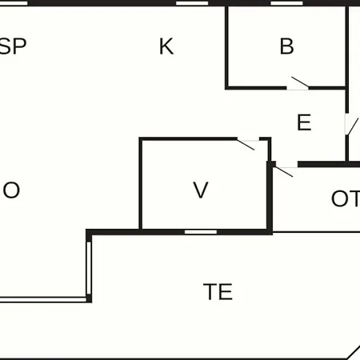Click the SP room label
coord(13,46)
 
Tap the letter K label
coord(166,46)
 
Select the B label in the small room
coord(286,46)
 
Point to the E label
coord(304,122)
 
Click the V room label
coord(201,190)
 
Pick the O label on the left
coord(11,190)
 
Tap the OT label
coord(346,198)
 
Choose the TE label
coord(218,292)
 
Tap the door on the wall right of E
coord(351,125)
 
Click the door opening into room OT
coord(286,171)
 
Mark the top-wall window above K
coord(192,3)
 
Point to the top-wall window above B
coord(286,3)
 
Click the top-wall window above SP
coord(14,3)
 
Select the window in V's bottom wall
coord(201,232)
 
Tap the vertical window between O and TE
coord(89,268)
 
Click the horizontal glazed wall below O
coord(43,299)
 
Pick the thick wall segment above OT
coord(329,164)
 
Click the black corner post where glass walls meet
coord(89,298)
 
